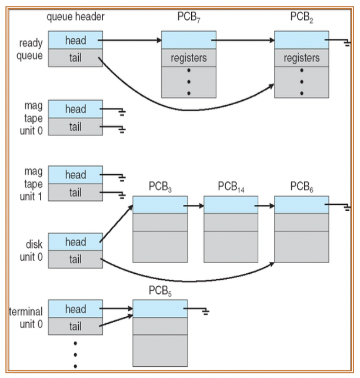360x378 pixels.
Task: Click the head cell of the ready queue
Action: [75, 41]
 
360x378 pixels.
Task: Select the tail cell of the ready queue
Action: [75, 58]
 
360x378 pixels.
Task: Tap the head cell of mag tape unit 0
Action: [75, 109]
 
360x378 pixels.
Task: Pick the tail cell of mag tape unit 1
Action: [75, 193]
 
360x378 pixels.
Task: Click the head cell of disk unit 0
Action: [75, 242]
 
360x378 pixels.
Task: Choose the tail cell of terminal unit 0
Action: [75, 326]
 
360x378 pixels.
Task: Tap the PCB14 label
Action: [231, 187]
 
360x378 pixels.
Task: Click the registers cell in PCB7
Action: [189, 58]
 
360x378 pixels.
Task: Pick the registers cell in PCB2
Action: [302, 58]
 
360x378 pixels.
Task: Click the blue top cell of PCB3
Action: [160, 205]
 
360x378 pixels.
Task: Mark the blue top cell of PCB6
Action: [302, 205]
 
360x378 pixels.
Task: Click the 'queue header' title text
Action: [75, 16]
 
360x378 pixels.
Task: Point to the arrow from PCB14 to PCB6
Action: [266, 205]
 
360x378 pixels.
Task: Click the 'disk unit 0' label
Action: [32, 250]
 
